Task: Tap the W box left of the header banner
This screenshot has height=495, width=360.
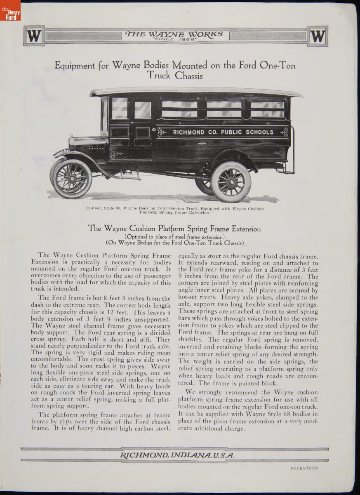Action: [x=34, y=36]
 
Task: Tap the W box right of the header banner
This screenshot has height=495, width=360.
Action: [x=317, y=36]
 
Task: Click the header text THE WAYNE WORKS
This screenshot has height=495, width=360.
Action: [x=174, y=33]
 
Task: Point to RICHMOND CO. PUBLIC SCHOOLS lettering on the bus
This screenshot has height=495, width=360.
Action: [x=223, y=132]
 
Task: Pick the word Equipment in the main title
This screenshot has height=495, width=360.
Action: [x=73, y=65]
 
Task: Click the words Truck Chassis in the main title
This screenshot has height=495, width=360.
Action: [x=175, y=75]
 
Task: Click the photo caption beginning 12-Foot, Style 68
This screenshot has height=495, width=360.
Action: [x=175, y=210]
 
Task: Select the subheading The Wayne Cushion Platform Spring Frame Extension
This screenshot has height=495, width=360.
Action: [x=175, y=228]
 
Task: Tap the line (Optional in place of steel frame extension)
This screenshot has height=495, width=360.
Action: [x=175, y=236]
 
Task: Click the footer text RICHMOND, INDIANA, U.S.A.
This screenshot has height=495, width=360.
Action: [x=177, y=455]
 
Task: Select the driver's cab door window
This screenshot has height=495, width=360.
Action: [x=120, y=108]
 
